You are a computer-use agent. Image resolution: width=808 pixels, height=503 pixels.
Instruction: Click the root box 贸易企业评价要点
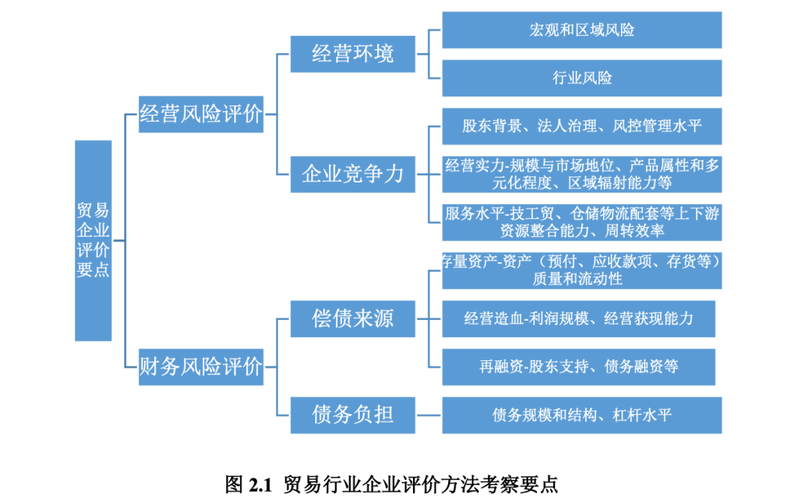coord(93,240)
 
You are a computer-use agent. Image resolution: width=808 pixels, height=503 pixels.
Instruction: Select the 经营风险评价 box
coord(201,114)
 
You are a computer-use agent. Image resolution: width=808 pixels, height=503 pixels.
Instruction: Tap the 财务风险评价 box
coord(201,367)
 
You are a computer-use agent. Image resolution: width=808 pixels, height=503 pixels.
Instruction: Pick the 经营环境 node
coord(352,54)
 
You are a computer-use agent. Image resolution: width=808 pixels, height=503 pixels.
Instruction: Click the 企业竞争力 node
coord(352,174)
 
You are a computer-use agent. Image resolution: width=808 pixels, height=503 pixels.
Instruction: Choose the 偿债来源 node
coord(352,319)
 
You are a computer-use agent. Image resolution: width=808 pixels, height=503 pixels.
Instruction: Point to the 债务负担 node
coord(352,414)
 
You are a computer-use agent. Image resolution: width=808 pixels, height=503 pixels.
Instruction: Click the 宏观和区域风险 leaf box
coord(581,30)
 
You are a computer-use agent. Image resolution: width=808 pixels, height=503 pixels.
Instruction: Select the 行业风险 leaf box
coord(581,78)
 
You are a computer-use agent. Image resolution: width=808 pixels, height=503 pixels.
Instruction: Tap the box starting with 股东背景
coord(581,126)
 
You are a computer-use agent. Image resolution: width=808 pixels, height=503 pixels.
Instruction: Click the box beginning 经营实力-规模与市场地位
coord(581,174)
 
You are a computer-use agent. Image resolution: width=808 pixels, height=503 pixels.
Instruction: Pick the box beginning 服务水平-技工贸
coord(581,222)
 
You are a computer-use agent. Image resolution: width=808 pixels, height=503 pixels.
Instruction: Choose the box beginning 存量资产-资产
coord(581,270)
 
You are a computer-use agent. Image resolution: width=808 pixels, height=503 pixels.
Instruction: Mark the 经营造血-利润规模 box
coord(578,319)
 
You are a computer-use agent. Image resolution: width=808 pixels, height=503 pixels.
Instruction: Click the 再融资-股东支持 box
coord(578,367)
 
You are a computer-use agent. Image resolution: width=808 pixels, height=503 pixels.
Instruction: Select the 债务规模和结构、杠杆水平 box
coord(581,415)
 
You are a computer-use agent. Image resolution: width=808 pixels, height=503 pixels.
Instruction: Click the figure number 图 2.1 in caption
coord(247,484)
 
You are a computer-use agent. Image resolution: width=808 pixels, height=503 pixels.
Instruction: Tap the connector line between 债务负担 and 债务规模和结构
coord(429,415)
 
